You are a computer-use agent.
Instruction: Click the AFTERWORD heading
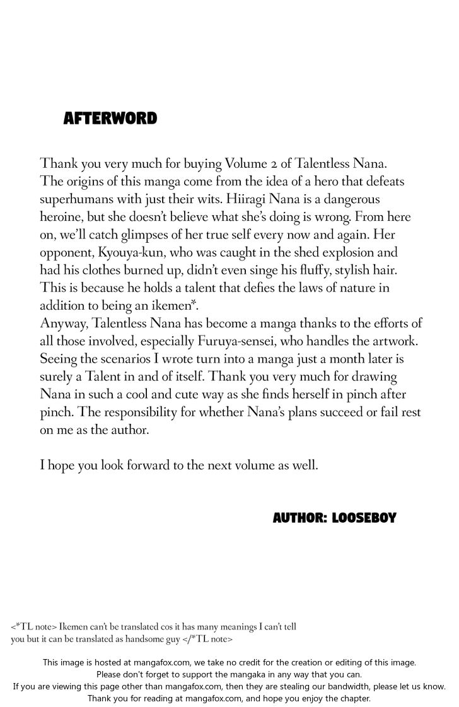point(110,118)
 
